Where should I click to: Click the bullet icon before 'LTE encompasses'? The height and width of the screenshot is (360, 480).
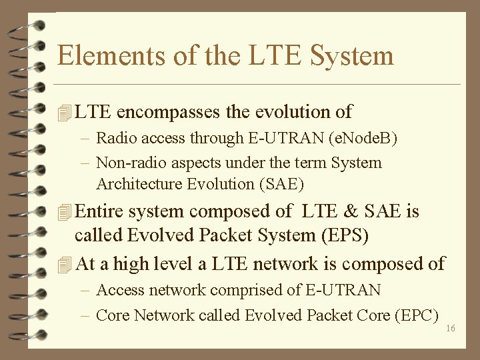[x=64, y=113]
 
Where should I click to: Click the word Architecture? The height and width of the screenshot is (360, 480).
[x=137, y=183]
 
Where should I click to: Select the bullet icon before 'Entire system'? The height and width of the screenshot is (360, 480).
[x=64, y=213]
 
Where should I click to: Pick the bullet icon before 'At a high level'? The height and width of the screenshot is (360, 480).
[x=64, y=265]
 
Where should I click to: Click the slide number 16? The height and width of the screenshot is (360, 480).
[x=450, y=328]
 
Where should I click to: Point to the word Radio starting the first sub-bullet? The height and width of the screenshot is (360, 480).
[x=115, y=139]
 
